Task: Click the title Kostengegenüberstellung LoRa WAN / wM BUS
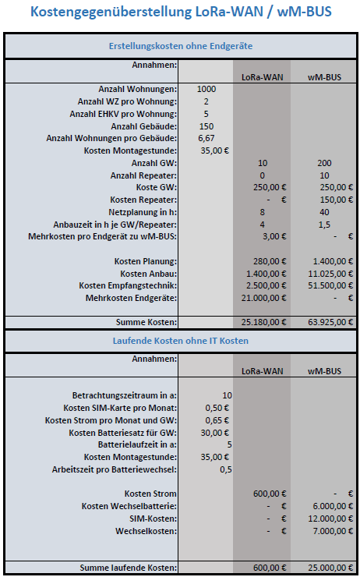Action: point(179,12)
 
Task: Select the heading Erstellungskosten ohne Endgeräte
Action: point(179,47)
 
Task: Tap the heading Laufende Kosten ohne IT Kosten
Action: point(179,341)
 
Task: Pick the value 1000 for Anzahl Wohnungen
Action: point(206,90)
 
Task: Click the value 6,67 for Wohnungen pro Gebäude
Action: point(206,138)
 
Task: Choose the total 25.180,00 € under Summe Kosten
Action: point(263,321)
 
